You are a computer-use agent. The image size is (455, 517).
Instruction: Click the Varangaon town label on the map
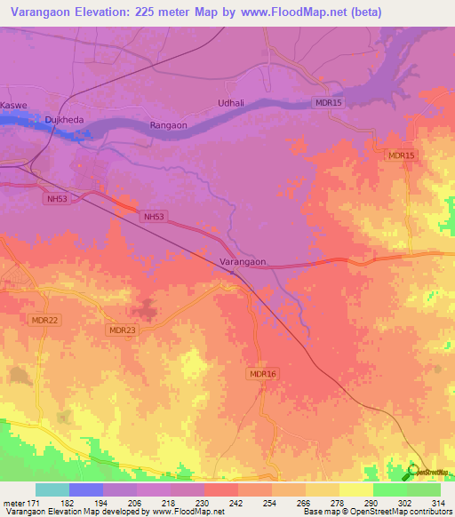coord(243,263)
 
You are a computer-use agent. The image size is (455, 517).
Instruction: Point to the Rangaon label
coord(168,126)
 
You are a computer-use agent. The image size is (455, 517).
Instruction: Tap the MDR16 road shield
coord(263,375)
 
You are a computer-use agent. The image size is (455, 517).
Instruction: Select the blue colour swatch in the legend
coord(86,489)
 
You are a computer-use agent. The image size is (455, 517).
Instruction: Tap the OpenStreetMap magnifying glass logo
coord(413,472)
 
